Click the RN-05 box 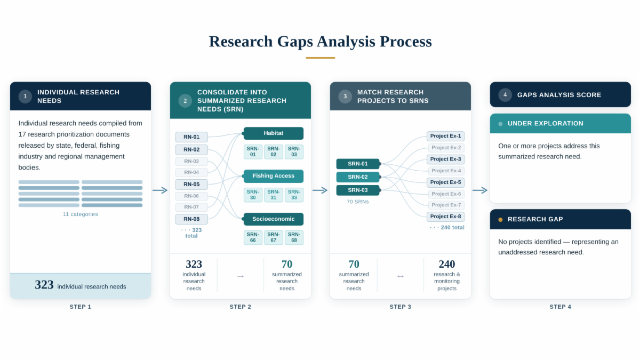click(191, 185)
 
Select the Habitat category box click(274, 133)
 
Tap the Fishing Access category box click(274, 176)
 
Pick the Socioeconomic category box click(274, 219)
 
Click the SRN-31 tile click(273, 195)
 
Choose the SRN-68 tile click(294, 237)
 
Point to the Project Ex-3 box click(445, 159)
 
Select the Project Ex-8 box click(445, 217)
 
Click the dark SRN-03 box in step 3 click(358, 190)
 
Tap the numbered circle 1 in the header click(25, 97)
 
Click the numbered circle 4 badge click(505, 95)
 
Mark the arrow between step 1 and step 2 click(160, 190)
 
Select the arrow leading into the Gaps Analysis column click(480, 190)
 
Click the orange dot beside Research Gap click(500, 220)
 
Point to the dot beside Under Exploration click(500, 124)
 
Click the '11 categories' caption click(80, 214)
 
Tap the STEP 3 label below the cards click(400, 307)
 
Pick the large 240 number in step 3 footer click(447, 265)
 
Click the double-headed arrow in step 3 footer click(401, 276)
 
